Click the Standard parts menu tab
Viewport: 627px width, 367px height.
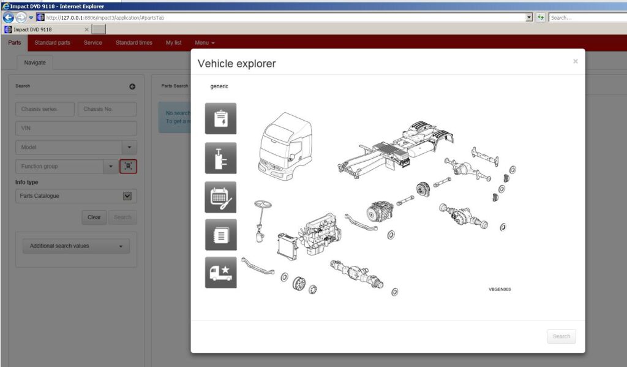click(52, 43)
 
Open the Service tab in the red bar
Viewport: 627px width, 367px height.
click(92, 43)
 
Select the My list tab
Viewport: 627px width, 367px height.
click(173, 43)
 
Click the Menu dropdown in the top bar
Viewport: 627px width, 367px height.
click(205, 43)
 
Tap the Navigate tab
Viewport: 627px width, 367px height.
click(35, 62)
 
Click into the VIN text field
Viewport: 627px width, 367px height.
click(76, 128)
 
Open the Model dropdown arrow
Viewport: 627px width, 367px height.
click(129, 148)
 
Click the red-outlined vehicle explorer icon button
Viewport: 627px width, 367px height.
click(128, 166)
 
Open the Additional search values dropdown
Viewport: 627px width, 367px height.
click(76, 246)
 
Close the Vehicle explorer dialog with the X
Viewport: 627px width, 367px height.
click(575, 61)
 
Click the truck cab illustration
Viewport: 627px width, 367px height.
click(286, 147)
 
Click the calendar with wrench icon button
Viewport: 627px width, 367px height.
click(220, 197)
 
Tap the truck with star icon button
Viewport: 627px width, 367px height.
click(220, 273)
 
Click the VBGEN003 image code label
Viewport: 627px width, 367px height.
click(499, 289)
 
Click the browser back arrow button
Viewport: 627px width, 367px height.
click(8, 17)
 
